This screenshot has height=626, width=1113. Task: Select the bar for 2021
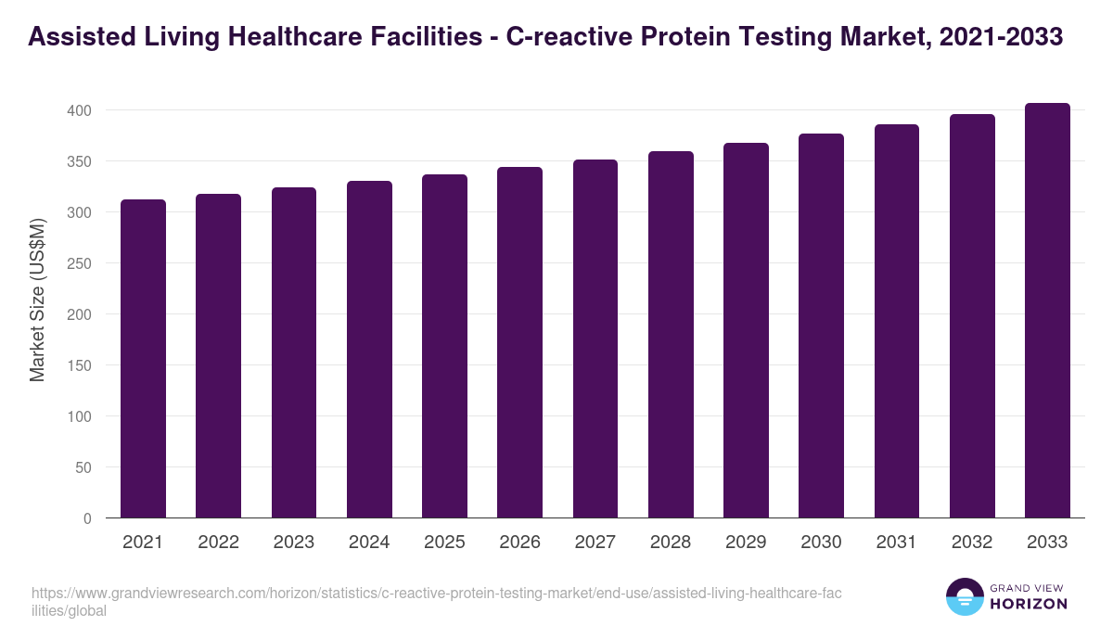click(x=143, y=359)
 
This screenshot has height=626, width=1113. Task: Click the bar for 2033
click(x=1047, y=311)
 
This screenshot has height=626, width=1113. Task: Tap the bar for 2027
click(x=595, y=339)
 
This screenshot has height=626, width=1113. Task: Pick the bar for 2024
click(x=369, y=350)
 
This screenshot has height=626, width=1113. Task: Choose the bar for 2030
click(x=821, y=326)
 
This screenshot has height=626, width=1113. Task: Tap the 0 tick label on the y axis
click(x=87, y=518)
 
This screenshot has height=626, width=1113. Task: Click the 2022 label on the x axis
click(x=218, y=543)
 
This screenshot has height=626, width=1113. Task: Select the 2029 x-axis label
click(x=746, y=543)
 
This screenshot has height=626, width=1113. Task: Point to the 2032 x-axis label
click(x=972, y=543)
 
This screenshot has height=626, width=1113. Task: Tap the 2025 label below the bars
click(x=444, y=543)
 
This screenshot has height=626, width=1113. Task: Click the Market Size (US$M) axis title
click(x=37, y=300)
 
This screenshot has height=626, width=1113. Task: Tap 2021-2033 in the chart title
click(x=1001, y=37)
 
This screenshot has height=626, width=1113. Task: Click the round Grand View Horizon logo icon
click(x=964, y=597)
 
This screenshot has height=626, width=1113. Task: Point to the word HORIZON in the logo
click(x=1030, y=604)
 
